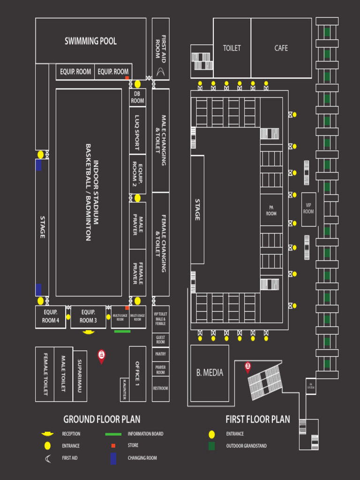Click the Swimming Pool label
click(x=90, y=41)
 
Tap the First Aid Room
click(x=161, y=49)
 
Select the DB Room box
click(x=137, y=97)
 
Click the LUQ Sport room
click(x=137, y=133)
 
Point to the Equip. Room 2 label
click(x=137, y=174)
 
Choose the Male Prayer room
click(x=138, y=225)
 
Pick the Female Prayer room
click(x=138, y=272)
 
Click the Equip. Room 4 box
click(x=51, y=316)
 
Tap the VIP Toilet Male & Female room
click(x=160, y=319)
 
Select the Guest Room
click(x=160, y=340)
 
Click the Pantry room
click(x=160, y=354)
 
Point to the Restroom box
click(x=160, y=388)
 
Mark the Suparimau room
click(x=80, y=376)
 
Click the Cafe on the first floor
click(x=281, y=48)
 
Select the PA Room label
click(x=271, y=210)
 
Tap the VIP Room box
click(x=308, y=208)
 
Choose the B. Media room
click(x=210, y=373)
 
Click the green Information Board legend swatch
click(x=114, y=434)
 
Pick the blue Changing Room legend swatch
click(x=113, y=458)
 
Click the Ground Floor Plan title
click(x=102, y=419)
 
